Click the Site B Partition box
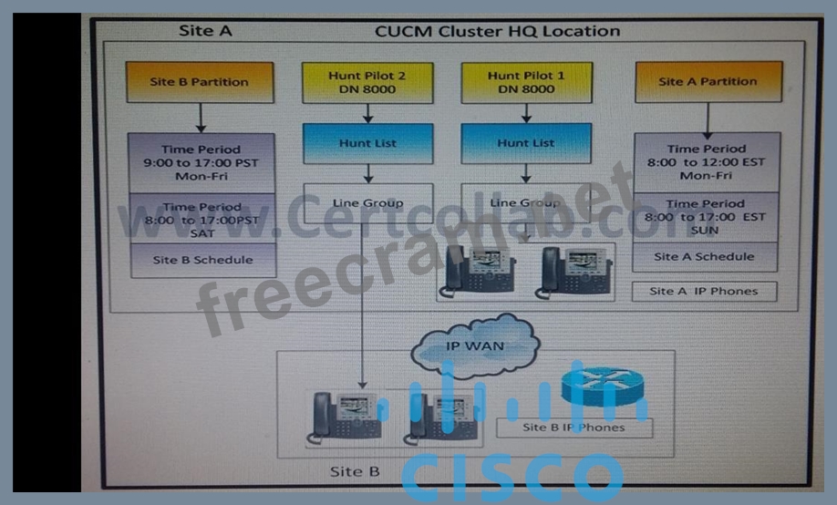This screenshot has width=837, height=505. point(200,82)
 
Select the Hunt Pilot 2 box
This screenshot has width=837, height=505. point(367,82)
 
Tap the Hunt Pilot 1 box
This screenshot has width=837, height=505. point(526,82)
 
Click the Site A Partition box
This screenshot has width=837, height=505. point(708,82)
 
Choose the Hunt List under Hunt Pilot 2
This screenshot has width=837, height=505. point(367,143)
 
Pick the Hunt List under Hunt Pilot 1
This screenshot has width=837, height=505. point(526,143)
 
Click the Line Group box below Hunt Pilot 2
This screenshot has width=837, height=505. point(367,203)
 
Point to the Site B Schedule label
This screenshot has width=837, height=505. point(201,260)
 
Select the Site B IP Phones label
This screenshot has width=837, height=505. point(574,427)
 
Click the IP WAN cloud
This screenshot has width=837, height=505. point(475,346)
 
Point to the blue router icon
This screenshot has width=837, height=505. point(597,385)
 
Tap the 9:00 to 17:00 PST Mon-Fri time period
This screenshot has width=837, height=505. point(201,162)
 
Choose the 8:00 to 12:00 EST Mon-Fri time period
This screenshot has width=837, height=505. point(706,161)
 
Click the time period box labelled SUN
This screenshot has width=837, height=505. point(706,217)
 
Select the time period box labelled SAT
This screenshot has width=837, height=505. point(201,220)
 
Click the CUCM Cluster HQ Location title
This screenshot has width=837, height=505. point(497,31)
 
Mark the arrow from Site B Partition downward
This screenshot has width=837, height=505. point(201,118)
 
